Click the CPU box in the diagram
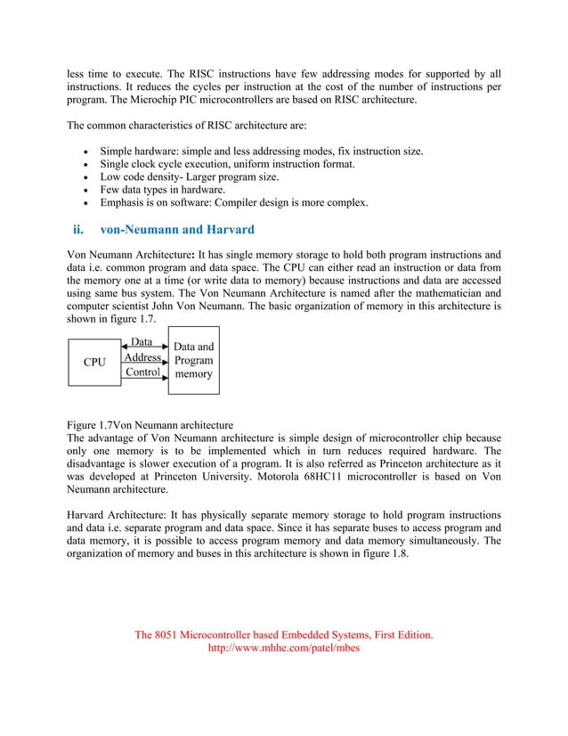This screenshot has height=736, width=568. (x=94, y=363)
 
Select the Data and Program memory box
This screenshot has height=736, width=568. (x=193, y=360)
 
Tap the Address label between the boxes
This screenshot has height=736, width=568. (x=142, y=357)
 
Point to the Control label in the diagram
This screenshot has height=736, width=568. (x=142, y=372)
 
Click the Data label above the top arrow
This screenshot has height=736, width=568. (x=142, y=342)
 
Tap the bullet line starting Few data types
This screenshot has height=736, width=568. (x=162, y=189)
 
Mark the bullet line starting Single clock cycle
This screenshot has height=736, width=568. (x=215, y=164)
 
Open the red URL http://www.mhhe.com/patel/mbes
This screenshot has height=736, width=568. (x=282, y=649)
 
